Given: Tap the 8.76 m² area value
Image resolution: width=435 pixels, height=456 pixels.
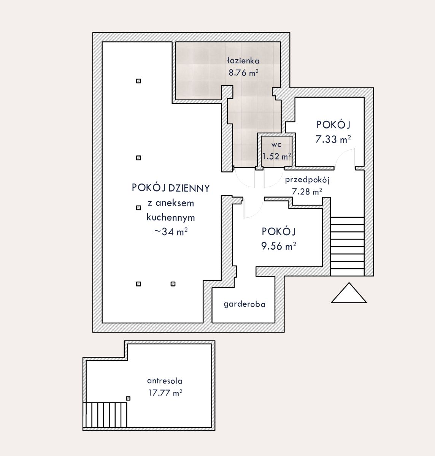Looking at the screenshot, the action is coord(243,73).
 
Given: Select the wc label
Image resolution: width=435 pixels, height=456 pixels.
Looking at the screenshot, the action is coord(276,145).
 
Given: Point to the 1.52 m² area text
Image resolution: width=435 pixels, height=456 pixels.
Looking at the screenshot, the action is coord(277,156).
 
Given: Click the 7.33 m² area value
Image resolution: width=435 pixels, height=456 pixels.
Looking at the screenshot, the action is coord(333,139).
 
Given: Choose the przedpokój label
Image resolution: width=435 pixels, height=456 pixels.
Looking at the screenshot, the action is coord(307,180).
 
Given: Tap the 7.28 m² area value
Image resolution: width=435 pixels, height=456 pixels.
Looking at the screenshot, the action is coord(306,192).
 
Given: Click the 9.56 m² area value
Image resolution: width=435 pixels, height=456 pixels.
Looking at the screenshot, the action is coord(279,246).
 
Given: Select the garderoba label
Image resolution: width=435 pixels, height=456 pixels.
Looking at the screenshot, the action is coord(244,304).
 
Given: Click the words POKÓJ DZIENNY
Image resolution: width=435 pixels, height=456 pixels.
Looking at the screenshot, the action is coord(171,188).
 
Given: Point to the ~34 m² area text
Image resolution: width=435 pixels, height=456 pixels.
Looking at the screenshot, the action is coord(171,232).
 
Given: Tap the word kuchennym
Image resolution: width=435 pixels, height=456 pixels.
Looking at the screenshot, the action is coord(171,218).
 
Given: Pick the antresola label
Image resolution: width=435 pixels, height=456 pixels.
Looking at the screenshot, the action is coord(165,381).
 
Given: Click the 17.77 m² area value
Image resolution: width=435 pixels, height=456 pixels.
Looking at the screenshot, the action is coord(165,393).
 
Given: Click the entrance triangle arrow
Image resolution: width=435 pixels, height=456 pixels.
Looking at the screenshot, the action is coord(349,293).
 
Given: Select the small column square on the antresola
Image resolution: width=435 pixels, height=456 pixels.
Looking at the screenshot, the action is coord(128,398).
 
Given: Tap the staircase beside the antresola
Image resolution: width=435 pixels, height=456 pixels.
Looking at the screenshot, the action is coord(105,415).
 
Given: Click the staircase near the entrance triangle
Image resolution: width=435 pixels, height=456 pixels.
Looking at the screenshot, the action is coord(347,246).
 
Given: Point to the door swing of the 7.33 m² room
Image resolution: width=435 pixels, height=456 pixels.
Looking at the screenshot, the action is coord(344,157).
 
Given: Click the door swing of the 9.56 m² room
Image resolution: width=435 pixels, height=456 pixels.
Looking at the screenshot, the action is coord(253,208).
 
